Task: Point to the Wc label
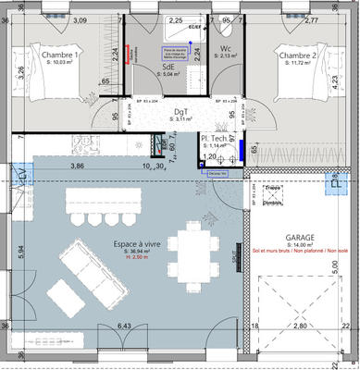coord(226,48)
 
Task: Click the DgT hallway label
coord(180,112)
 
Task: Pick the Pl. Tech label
coord(217,139)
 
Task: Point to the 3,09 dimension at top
coord(80,20)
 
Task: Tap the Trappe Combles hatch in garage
coord(272,193)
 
